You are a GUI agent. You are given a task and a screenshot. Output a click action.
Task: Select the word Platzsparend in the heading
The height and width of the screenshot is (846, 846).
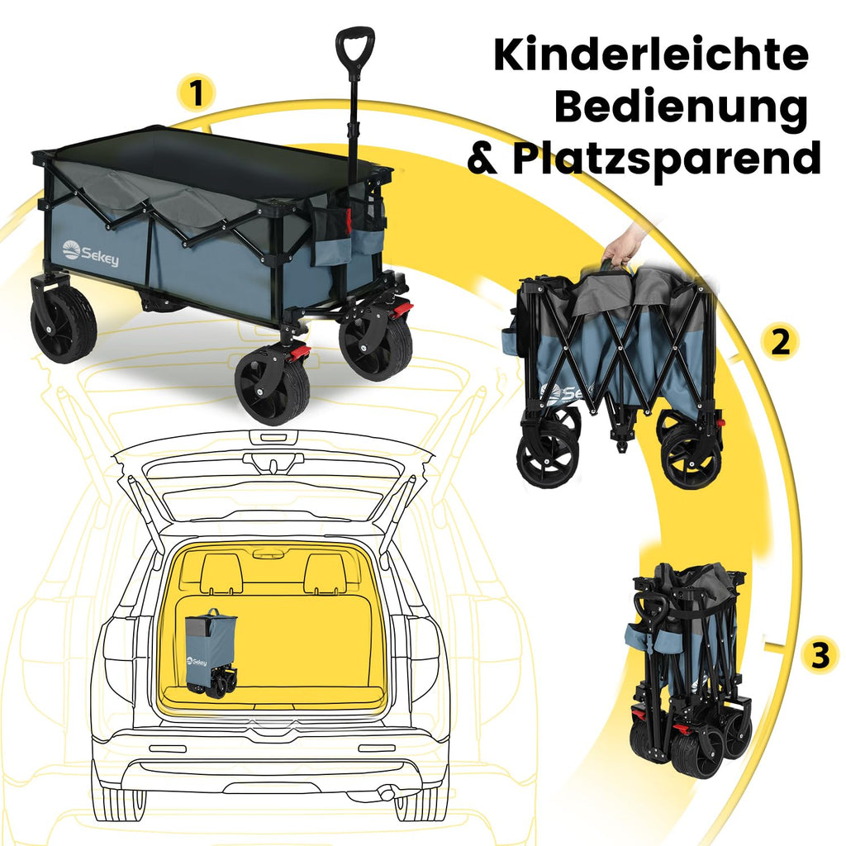click(667, 159)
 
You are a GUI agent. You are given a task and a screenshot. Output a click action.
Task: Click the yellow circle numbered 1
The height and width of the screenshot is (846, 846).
click(197, 92)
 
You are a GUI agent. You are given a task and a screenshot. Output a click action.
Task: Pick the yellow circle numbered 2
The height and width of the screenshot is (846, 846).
click(780, 341)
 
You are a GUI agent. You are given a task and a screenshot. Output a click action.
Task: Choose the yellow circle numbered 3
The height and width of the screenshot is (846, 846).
click(820, 654)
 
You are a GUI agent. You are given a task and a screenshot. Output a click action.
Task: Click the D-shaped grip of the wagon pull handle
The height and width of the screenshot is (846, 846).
click(354, 47)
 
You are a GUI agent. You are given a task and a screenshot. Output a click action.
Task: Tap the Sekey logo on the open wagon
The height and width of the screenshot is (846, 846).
click(90, 253)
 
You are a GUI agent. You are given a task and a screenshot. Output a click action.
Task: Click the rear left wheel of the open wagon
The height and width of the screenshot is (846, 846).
click(63, 323)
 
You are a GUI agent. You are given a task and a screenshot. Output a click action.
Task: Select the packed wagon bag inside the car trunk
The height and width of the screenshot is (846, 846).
click(211, 654)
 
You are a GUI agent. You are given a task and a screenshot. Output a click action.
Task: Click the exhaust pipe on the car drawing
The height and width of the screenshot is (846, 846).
click(387, 794)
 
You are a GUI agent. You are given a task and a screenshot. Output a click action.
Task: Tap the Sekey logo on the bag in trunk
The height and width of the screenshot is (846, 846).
click(197, 662)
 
